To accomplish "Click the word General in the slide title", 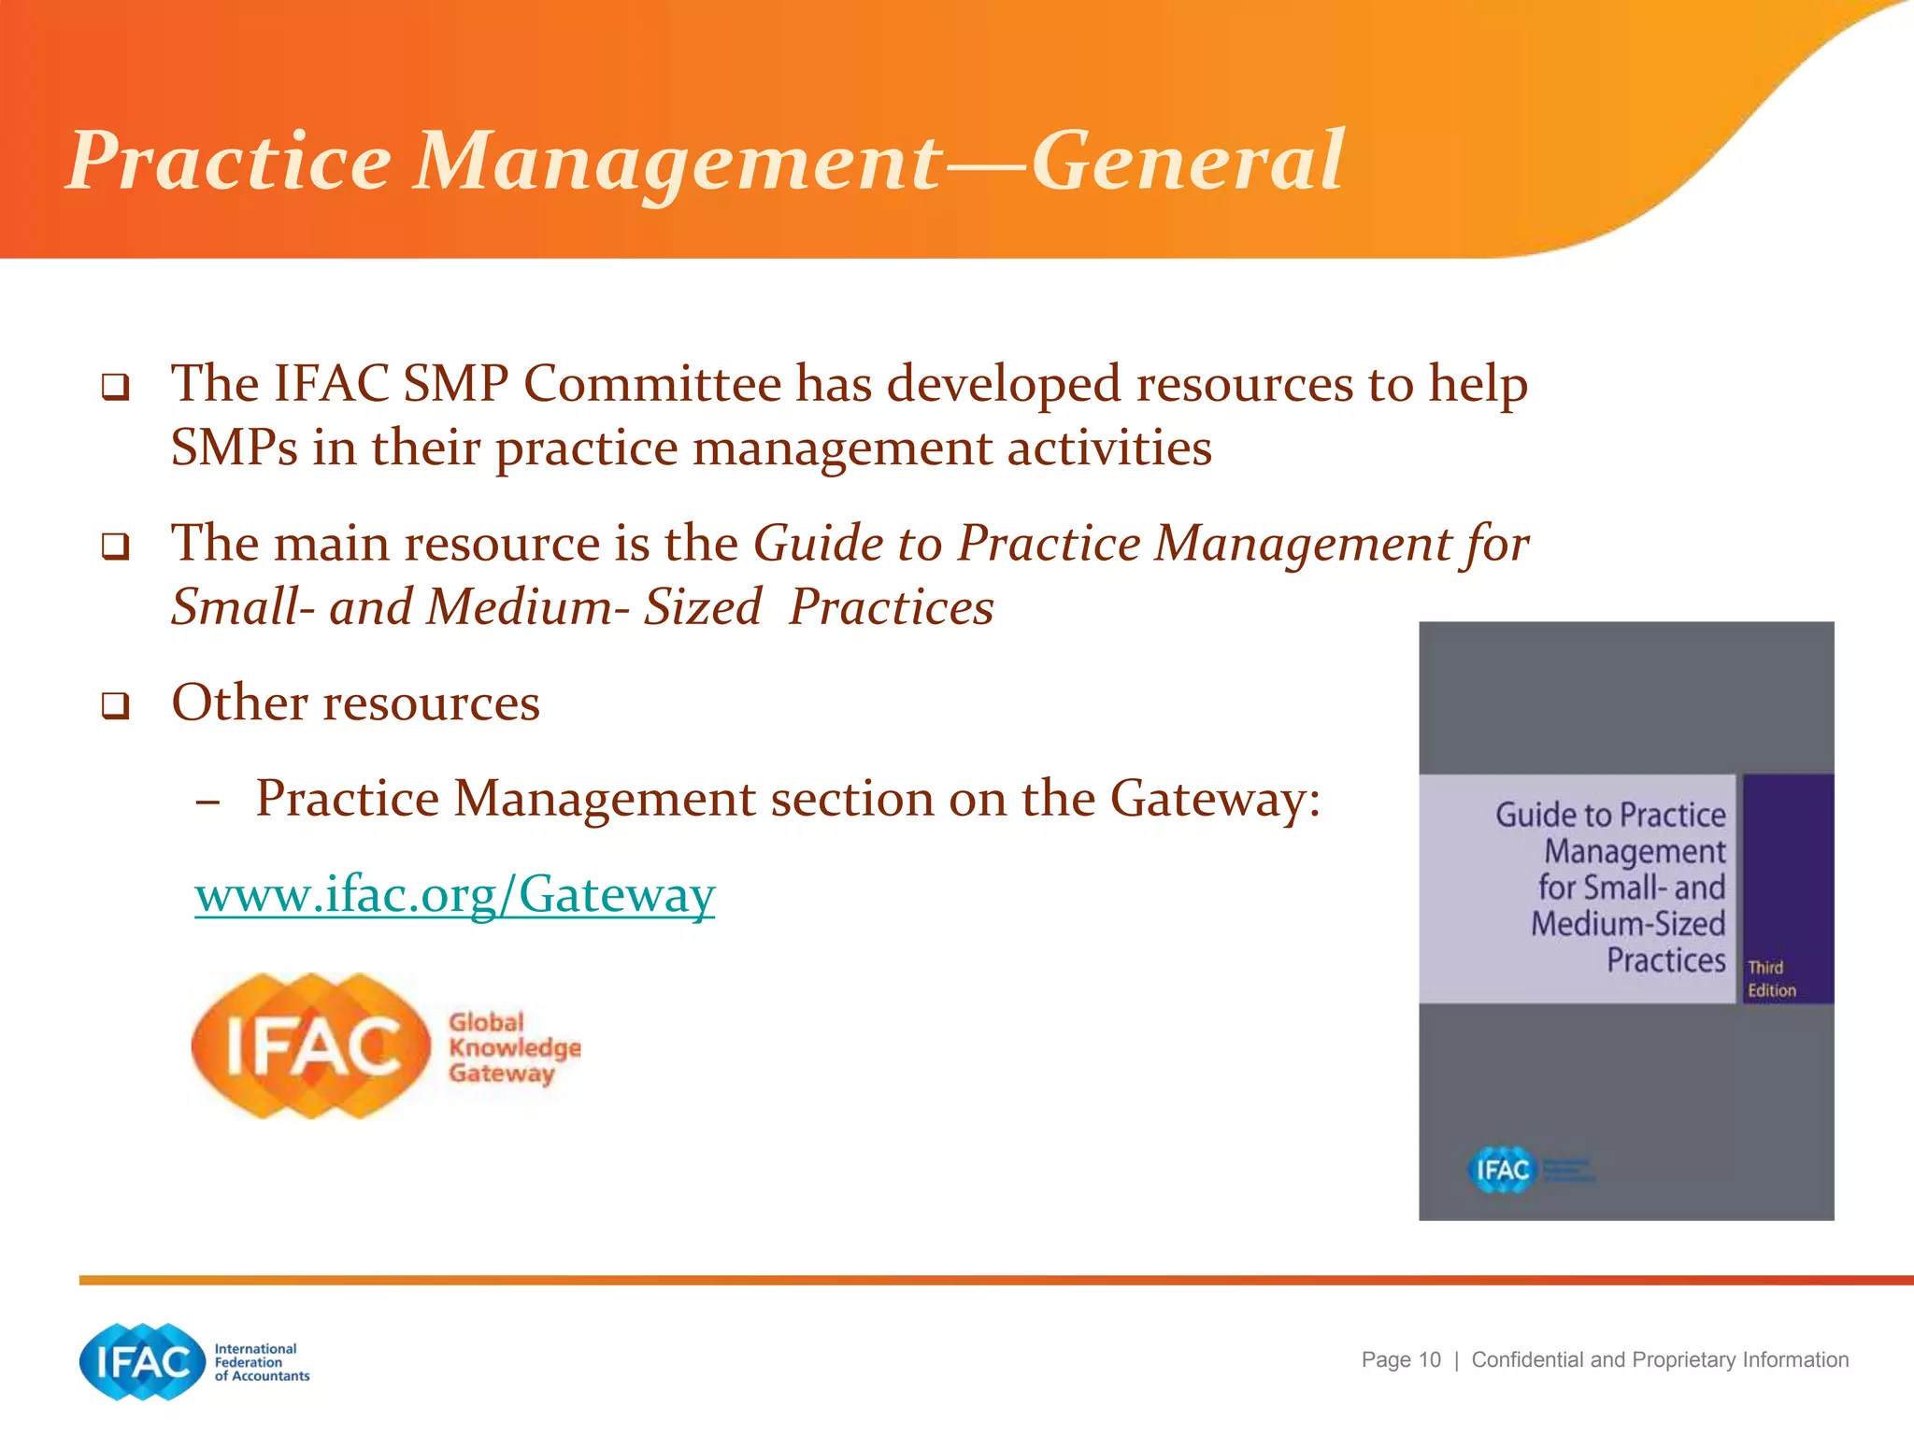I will click(1187, 161).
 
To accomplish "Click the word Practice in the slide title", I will click(229, 161).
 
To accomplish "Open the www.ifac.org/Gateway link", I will click(454, 894).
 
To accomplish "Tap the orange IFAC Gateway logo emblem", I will click(310, 1045).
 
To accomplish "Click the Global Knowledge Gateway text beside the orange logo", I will click(513, 1047).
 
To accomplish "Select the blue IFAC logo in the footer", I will click(142, 1361).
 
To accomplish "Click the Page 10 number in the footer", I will click(1400, 1360).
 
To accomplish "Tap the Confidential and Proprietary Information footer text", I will click(1660, 1360).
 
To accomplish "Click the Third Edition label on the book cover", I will click(1771, 979).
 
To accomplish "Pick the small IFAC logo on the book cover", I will click(1503, 1170).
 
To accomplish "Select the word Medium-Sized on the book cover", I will click(1628, 924).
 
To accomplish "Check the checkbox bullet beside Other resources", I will click(115, 705).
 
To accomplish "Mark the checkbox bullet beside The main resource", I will click(115, 546).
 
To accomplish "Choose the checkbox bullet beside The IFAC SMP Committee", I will click(115, 386).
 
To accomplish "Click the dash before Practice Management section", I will click(208, 802).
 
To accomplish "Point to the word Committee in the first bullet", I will click(652, 384).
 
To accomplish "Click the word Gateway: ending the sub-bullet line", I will click(1215, 800).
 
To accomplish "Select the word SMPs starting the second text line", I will click(234, 448).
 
